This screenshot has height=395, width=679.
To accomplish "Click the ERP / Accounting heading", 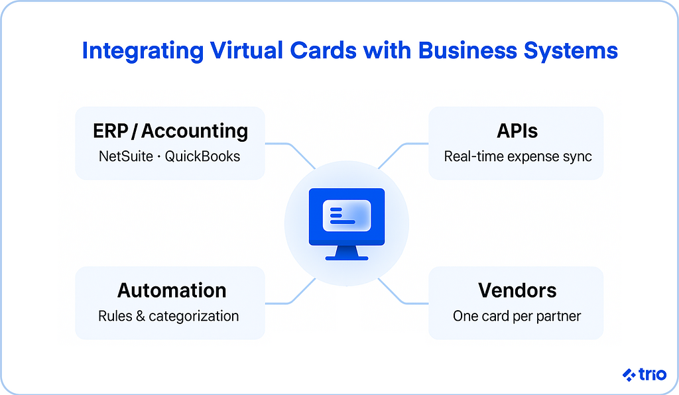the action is [x=170, y=131].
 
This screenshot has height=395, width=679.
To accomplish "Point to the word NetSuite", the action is [x=126, y=156].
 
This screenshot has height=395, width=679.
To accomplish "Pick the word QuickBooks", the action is [x=202, y=156].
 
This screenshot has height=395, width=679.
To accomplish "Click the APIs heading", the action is [x=517, y=131].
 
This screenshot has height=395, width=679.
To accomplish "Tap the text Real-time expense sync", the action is [x=518, y=156].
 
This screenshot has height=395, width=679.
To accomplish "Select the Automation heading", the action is [x=172, y=290].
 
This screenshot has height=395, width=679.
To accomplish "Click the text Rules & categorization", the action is [x=168, y=316].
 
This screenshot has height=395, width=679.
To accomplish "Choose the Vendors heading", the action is [x=517, y=290].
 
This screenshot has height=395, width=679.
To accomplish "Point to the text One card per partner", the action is [x=517, y=316].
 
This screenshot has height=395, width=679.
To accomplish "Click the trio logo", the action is [x=645, y=374].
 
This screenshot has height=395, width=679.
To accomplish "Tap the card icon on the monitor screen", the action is [x=347, y=215].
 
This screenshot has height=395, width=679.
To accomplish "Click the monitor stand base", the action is [x=346, y=258].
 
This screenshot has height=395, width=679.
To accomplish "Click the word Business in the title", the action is [x=467, y=50].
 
